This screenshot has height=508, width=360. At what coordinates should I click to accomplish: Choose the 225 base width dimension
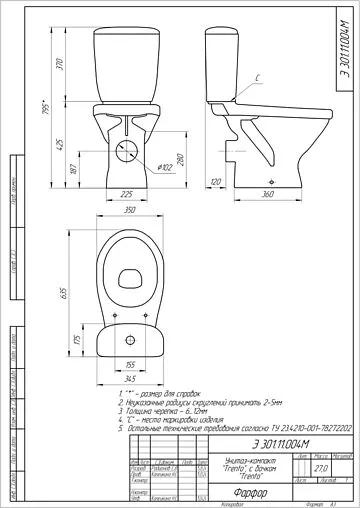click(x=127, y=193)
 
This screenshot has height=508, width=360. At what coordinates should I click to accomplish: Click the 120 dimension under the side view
click(x=216, y=181)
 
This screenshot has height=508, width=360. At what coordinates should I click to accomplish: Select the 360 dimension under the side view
click(x=268, y=193)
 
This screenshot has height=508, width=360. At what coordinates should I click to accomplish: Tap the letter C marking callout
click(x=258, y=77)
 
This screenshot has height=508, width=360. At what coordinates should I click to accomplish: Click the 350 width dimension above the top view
click(x=129, y=213)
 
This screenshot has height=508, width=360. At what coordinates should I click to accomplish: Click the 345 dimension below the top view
click(x=129, y=378)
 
